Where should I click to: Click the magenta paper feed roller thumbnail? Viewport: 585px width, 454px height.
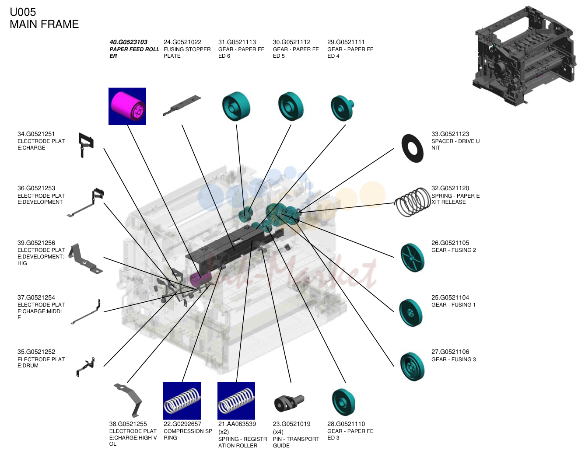127,106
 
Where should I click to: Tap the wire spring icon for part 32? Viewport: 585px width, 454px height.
412,202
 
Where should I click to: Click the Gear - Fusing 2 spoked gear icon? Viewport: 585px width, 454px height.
412,258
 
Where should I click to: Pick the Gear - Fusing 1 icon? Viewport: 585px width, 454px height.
411,313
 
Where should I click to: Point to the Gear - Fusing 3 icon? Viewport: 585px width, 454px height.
412,367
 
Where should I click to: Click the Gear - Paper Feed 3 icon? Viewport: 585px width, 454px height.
343,402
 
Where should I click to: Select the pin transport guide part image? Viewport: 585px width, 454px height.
289,403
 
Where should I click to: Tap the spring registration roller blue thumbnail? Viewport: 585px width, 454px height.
236,401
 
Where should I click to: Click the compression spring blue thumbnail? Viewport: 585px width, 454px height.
182,401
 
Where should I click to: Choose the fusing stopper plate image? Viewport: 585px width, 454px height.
182,105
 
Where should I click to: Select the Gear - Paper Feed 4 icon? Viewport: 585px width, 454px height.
342,108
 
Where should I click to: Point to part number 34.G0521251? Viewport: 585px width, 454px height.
36,134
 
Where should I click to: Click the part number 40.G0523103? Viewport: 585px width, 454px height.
128,42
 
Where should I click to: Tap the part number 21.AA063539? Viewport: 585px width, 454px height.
237,424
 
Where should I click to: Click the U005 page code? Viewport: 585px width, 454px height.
23,12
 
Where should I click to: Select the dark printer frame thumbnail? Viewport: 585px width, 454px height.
524,56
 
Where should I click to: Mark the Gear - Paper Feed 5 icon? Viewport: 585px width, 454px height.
291,106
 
